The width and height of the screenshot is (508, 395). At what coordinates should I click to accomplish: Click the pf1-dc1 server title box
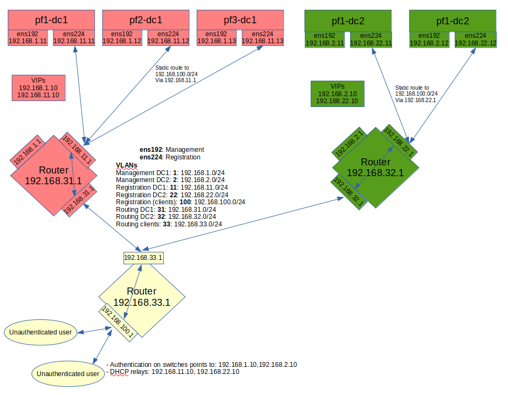[52, 20]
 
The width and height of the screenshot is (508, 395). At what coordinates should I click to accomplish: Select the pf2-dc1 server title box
[146, 20]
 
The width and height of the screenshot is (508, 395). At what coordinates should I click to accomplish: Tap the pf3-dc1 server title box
[241, 20]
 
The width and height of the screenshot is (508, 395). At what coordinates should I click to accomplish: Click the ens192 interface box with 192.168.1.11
[28, 38]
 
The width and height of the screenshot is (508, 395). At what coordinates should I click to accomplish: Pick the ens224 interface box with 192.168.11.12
[168, 38]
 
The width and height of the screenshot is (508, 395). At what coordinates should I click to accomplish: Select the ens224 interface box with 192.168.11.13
[263, 38]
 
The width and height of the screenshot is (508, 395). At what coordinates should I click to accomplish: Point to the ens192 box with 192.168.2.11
[325, 39]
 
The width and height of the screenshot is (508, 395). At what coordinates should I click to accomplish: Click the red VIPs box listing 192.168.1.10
[38, 88]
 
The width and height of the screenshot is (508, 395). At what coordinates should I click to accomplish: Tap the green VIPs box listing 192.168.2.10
[338, 93]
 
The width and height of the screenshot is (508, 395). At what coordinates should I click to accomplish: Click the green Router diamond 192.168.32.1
[375, 168]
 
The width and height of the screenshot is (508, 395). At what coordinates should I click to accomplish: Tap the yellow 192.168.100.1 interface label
[118, 323]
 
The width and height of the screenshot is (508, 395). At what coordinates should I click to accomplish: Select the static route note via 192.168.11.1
[176, 73]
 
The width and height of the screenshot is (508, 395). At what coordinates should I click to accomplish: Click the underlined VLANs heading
[127, 165]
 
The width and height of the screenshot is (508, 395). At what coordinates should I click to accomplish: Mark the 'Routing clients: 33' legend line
[169, 224]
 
